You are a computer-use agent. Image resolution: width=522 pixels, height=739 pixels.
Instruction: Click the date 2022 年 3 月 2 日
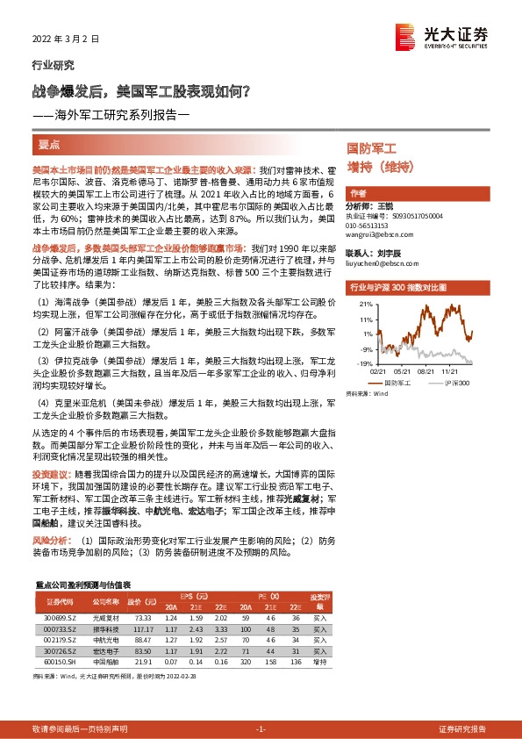click(65, 39)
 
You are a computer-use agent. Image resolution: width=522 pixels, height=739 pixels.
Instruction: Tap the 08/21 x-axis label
click(428, 369)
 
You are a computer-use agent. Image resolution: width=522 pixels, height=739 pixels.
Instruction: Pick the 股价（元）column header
click(140, 602)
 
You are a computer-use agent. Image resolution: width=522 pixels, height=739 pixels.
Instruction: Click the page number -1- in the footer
click(260, 728)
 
